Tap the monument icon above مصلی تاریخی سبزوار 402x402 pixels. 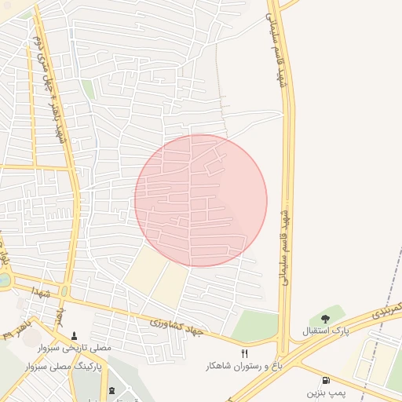point(75,334)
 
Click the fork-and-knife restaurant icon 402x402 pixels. point(244,354)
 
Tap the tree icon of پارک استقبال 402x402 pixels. point(325,319)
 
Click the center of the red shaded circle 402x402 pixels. point(201,200)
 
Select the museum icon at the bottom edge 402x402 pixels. point(111,390)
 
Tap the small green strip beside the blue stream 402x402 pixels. point(88,90)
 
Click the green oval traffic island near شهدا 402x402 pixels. point(64,291)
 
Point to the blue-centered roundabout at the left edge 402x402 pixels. point(4,280)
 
